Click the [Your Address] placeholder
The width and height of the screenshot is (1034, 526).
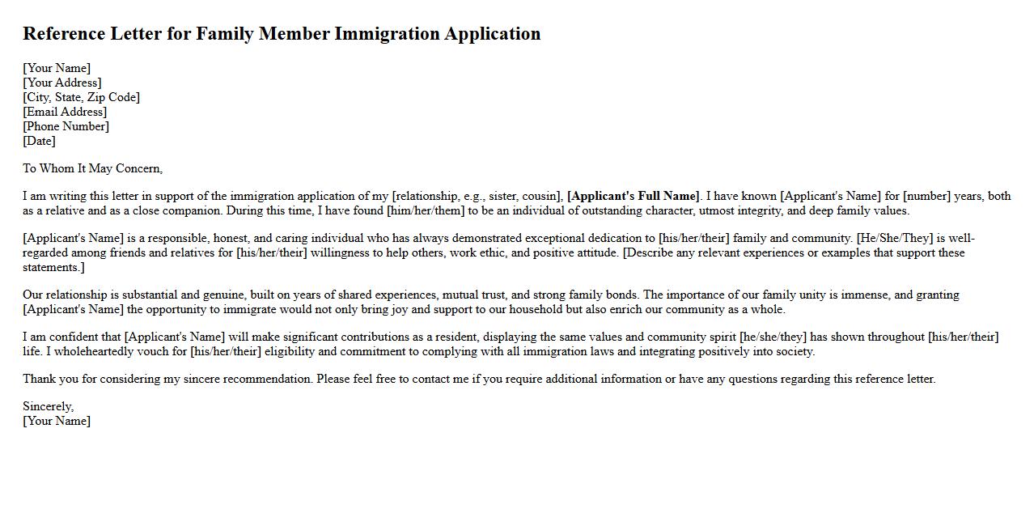[62, 83]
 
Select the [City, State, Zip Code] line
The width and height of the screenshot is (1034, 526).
[81, 97]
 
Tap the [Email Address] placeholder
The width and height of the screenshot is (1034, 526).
[65, 112]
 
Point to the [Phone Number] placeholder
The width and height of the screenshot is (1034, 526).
[66, 126]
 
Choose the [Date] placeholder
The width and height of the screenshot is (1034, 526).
[39, 141]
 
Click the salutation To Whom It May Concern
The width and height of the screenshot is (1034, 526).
[92, 168]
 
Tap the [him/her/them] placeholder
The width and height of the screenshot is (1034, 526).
[426, 210]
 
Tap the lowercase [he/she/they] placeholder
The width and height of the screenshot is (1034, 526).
[773, 337]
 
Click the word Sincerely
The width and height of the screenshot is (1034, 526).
[48, 406]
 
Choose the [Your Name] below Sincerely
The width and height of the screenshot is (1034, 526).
[57, 421]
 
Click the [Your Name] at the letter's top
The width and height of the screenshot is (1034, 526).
[57, 68]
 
